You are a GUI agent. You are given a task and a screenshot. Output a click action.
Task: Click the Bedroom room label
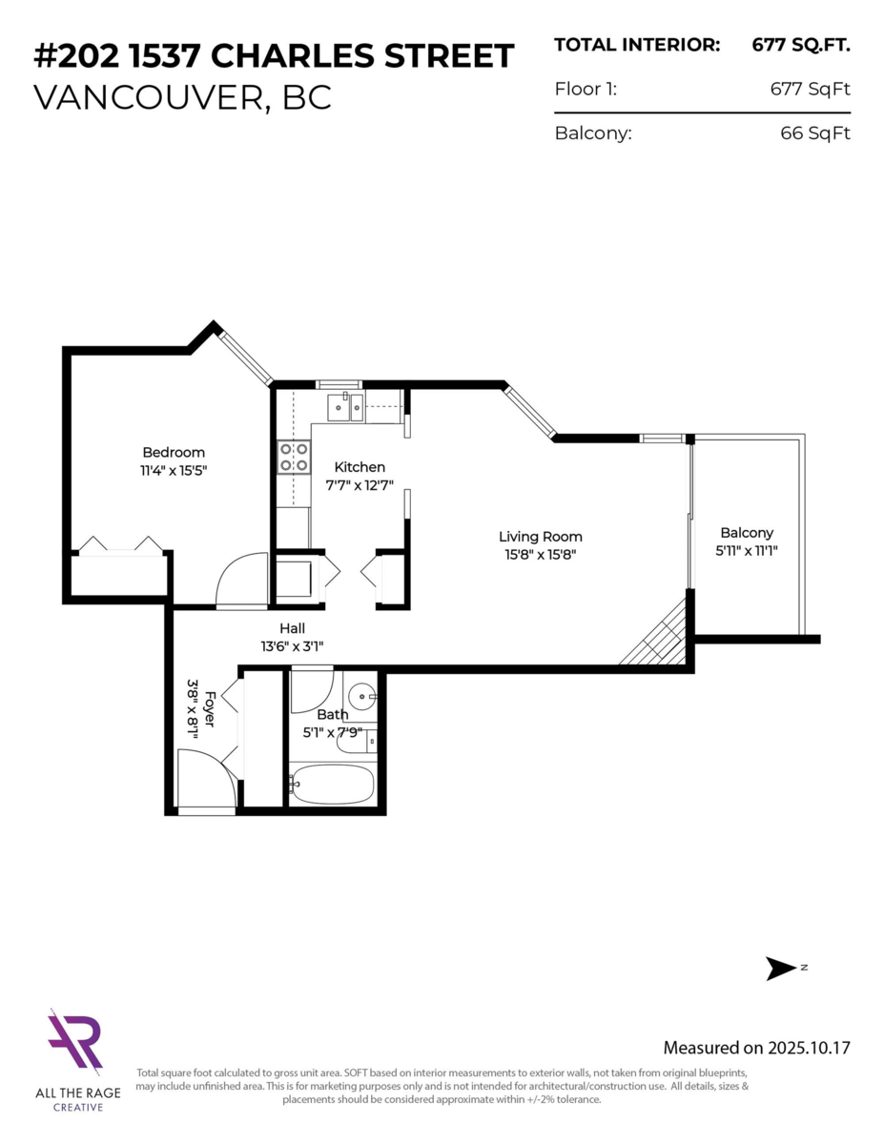tap(174, 452)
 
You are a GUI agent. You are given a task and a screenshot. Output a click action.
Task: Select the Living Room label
tap(541, 537)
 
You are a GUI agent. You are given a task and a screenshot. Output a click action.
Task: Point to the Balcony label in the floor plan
tap(747, 533)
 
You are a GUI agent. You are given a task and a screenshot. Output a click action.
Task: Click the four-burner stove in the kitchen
tap(294, 457)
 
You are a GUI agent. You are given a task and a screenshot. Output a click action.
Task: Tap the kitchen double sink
tap(343, 407)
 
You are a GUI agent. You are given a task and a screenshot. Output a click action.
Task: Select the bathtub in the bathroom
tap(332, 784)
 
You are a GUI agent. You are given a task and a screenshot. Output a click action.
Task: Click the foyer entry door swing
tap(205, 778)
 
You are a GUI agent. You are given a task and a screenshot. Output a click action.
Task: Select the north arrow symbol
tap(782, 969)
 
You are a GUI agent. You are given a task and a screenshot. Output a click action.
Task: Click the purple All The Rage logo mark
tap(75, 1043)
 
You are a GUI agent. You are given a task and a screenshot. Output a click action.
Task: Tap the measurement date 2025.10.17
tap(809, 1048)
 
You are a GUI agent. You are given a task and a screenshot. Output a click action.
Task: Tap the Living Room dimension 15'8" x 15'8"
tap(541, 553)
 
